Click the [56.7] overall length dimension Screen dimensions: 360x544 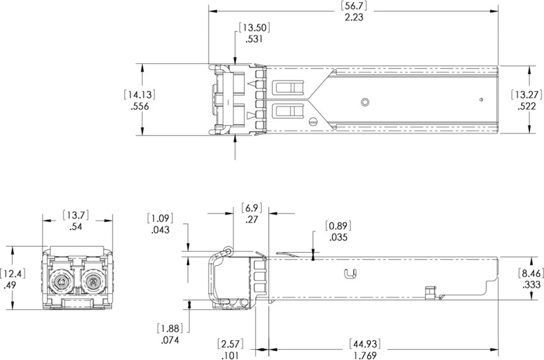click(353, 6)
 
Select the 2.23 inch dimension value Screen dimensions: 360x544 click(353, 18)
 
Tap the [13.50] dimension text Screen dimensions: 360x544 click(251, 27)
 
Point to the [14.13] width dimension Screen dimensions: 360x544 click(140, 95)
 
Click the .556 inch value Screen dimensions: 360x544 click(140, 107)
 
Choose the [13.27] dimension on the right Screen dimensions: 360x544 click(528, 95)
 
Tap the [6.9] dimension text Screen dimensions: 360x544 click(252, 207)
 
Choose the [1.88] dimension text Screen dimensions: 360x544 click(170, 329)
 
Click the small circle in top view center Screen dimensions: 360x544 click(365, 102)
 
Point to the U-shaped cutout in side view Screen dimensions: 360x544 click(349, 274)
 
